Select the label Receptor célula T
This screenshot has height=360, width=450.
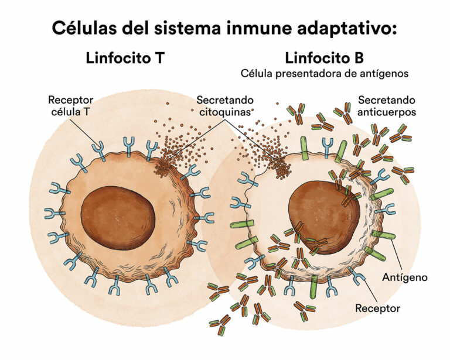(70, 105)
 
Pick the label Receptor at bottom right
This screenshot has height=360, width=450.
(378, 308)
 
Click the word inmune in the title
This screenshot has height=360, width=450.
(251, 28)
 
